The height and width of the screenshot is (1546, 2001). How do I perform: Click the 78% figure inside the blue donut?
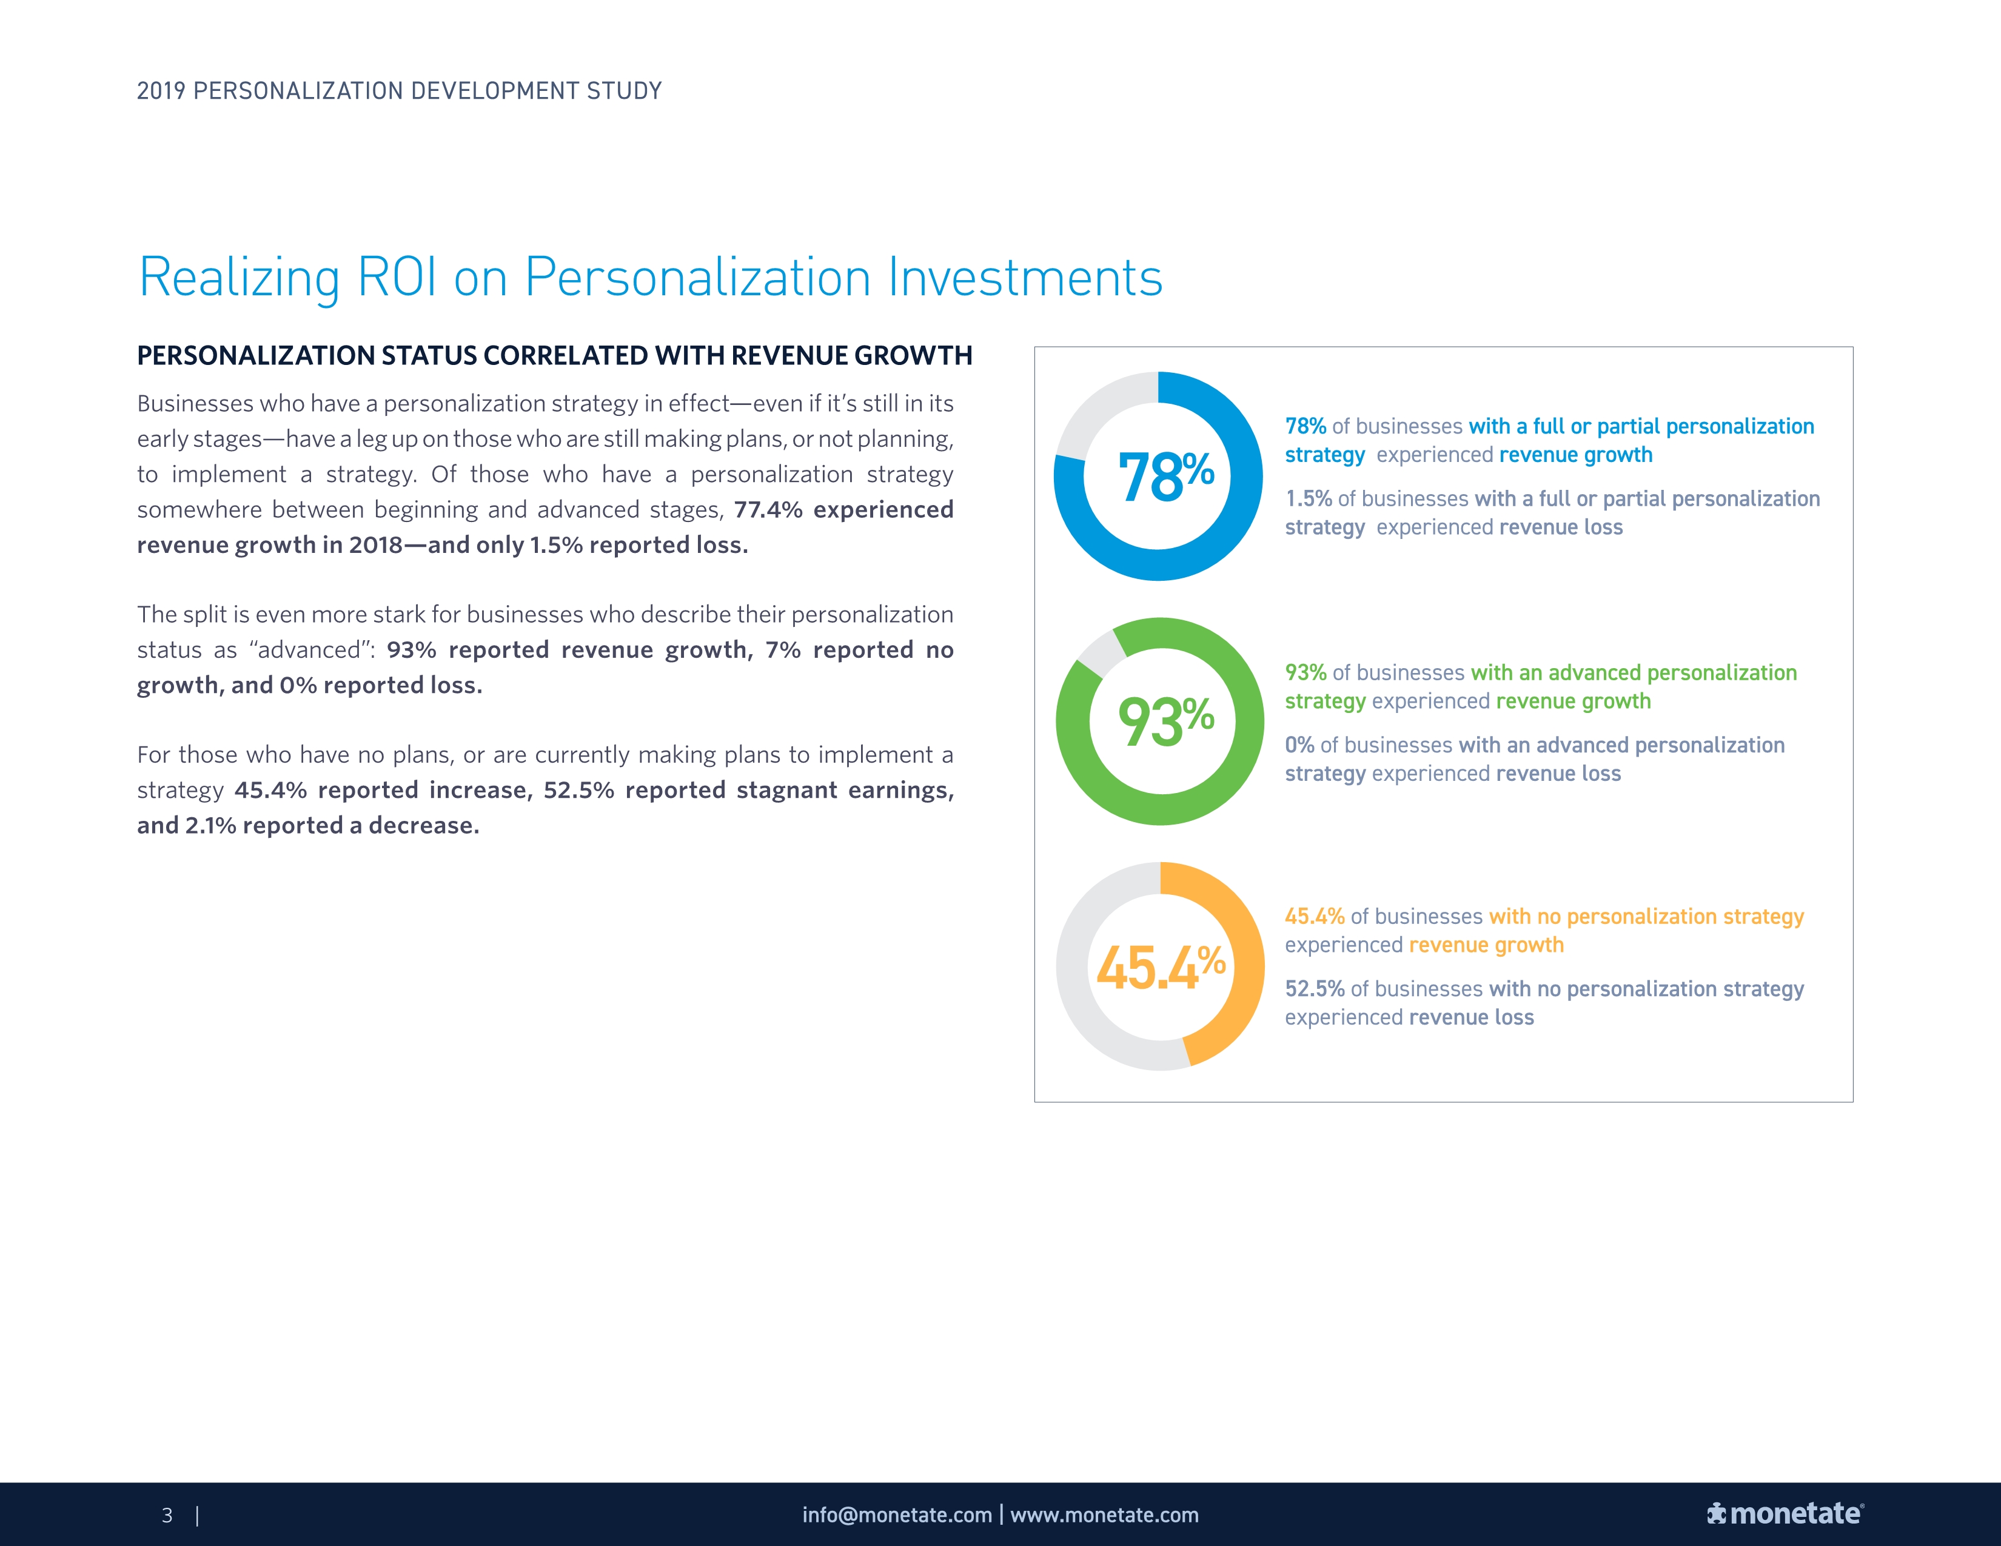click(x=1165, y=477)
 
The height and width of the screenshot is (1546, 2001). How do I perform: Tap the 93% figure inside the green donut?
click(x=1165, y=721)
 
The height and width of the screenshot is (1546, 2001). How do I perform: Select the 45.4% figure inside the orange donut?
click(x=1161, y=967)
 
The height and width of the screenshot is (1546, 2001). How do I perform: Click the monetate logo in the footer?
click(x=1785, y=1514)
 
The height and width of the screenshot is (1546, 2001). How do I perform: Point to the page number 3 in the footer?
click(x=167, y=1515)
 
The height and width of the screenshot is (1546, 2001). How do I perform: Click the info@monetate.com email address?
click(x=897, y=1515)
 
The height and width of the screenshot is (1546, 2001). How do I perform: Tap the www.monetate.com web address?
click(x=1104, y=1515)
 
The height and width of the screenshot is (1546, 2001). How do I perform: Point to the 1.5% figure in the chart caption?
click(x=1309, y=498)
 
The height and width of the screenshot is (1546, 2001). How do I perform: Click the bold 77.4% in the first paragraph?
click(x=768, y=509)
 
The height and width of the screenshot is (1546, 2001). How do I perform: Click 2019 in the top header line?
click(x=161, y=91)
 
